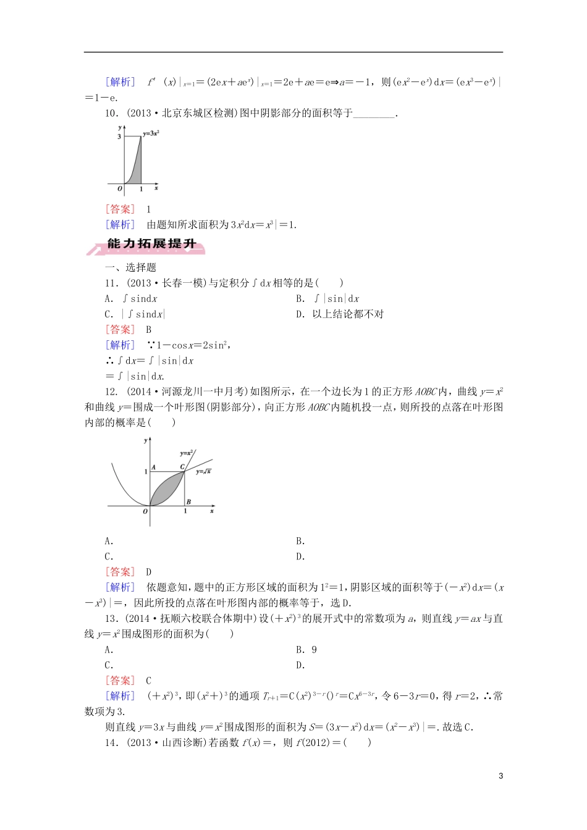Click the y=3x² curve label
pyautogui.click(x=151, y=133)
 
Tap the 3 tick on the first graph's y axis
pyautogui.click(x=119, y=136)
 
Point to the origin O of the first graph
pyautogui.click(x=120, y=188)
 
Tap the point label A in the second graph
pyautogui.click(x=153, y=467)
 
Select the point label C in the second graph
pyautogui.click(x=182, y=467)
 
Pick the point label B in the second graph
pyautogui.click(x=188, y=501)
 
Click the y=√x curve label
pyautogui.click(x=203, y=472)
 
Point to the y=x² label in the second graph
pyautogui.click(x=187, y=453)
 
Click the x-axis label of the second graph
pyautogui.click(x=212, y=511)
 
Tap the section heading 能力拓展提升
pyautogui.click(x=151, y=244)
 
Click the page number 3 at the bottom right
pyautogui.click(x=500, y=776)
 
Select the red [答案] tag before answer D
pyautogui.click(x=120, y=572)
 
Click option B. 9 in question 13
pyautogui.click(x=306, y=650)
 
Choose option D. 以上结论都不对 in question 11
pyautogui.click(x=340, y=314)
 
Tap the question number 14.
pyautogui.click(x=111, y=742)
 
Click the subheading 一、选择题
pyautogui.click(x=130, y=267)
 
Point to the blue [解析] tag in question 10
pyautogui.click(x=120, y=225)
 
